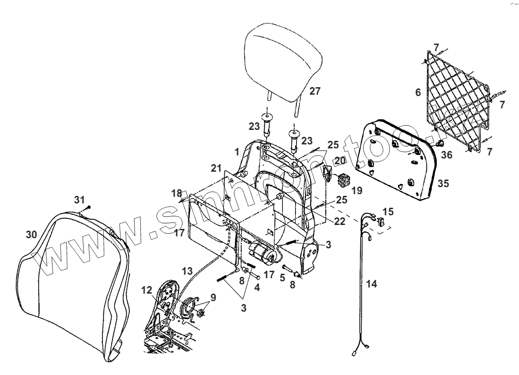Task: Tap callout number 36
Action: pos(446,155)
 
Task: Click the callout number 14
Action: pos(372,284)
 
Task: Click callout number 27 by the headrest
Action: pos(314,91)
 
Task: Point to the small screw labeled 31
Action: pos(89,206)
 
